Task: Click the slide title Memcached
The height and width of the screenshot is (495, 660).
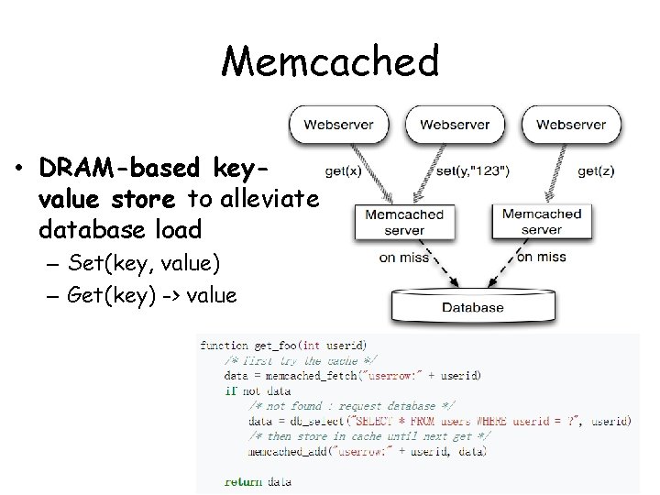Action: (330, 61)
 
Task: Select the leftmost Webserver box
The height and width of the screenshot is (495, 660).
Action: (338, 125)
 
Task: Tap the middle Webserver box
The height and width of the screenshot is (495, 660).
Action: (455, 125)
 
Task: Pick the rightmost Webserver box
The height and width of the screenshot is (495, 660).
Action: (571, 125)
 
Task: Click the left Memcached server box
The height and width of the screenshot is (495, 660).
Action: (404, 221)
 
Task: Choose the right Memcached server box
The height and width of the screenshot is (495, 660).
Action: (541, 221)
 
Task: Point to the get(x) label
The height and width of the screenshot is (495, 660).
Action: (341, 170)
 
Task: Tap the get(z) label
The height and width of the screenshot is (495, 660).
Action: (595, 170)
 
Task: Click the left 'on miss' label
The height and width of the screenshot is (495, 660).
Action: (401, 258)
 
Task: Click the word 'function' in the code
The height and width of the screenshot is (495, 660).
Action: (224, 346)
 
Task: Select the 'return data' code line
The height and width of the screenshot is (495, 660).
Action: (258, 481)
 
